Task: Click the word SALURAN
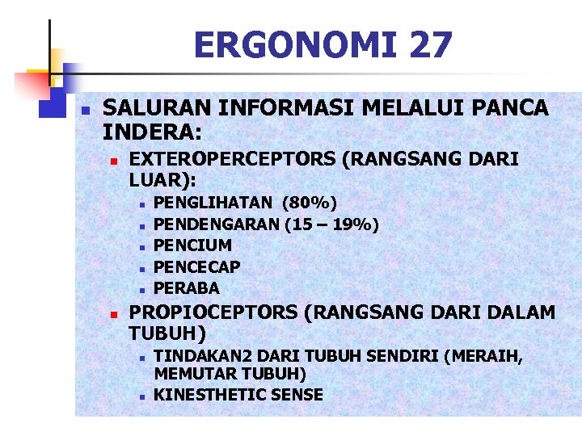[154, 108]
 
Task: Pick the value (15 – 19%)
[331, 224]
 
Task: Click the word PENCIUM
[192, 245]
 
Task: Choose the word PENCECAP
[196, 266]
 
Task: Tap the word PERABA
[186, 288]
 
